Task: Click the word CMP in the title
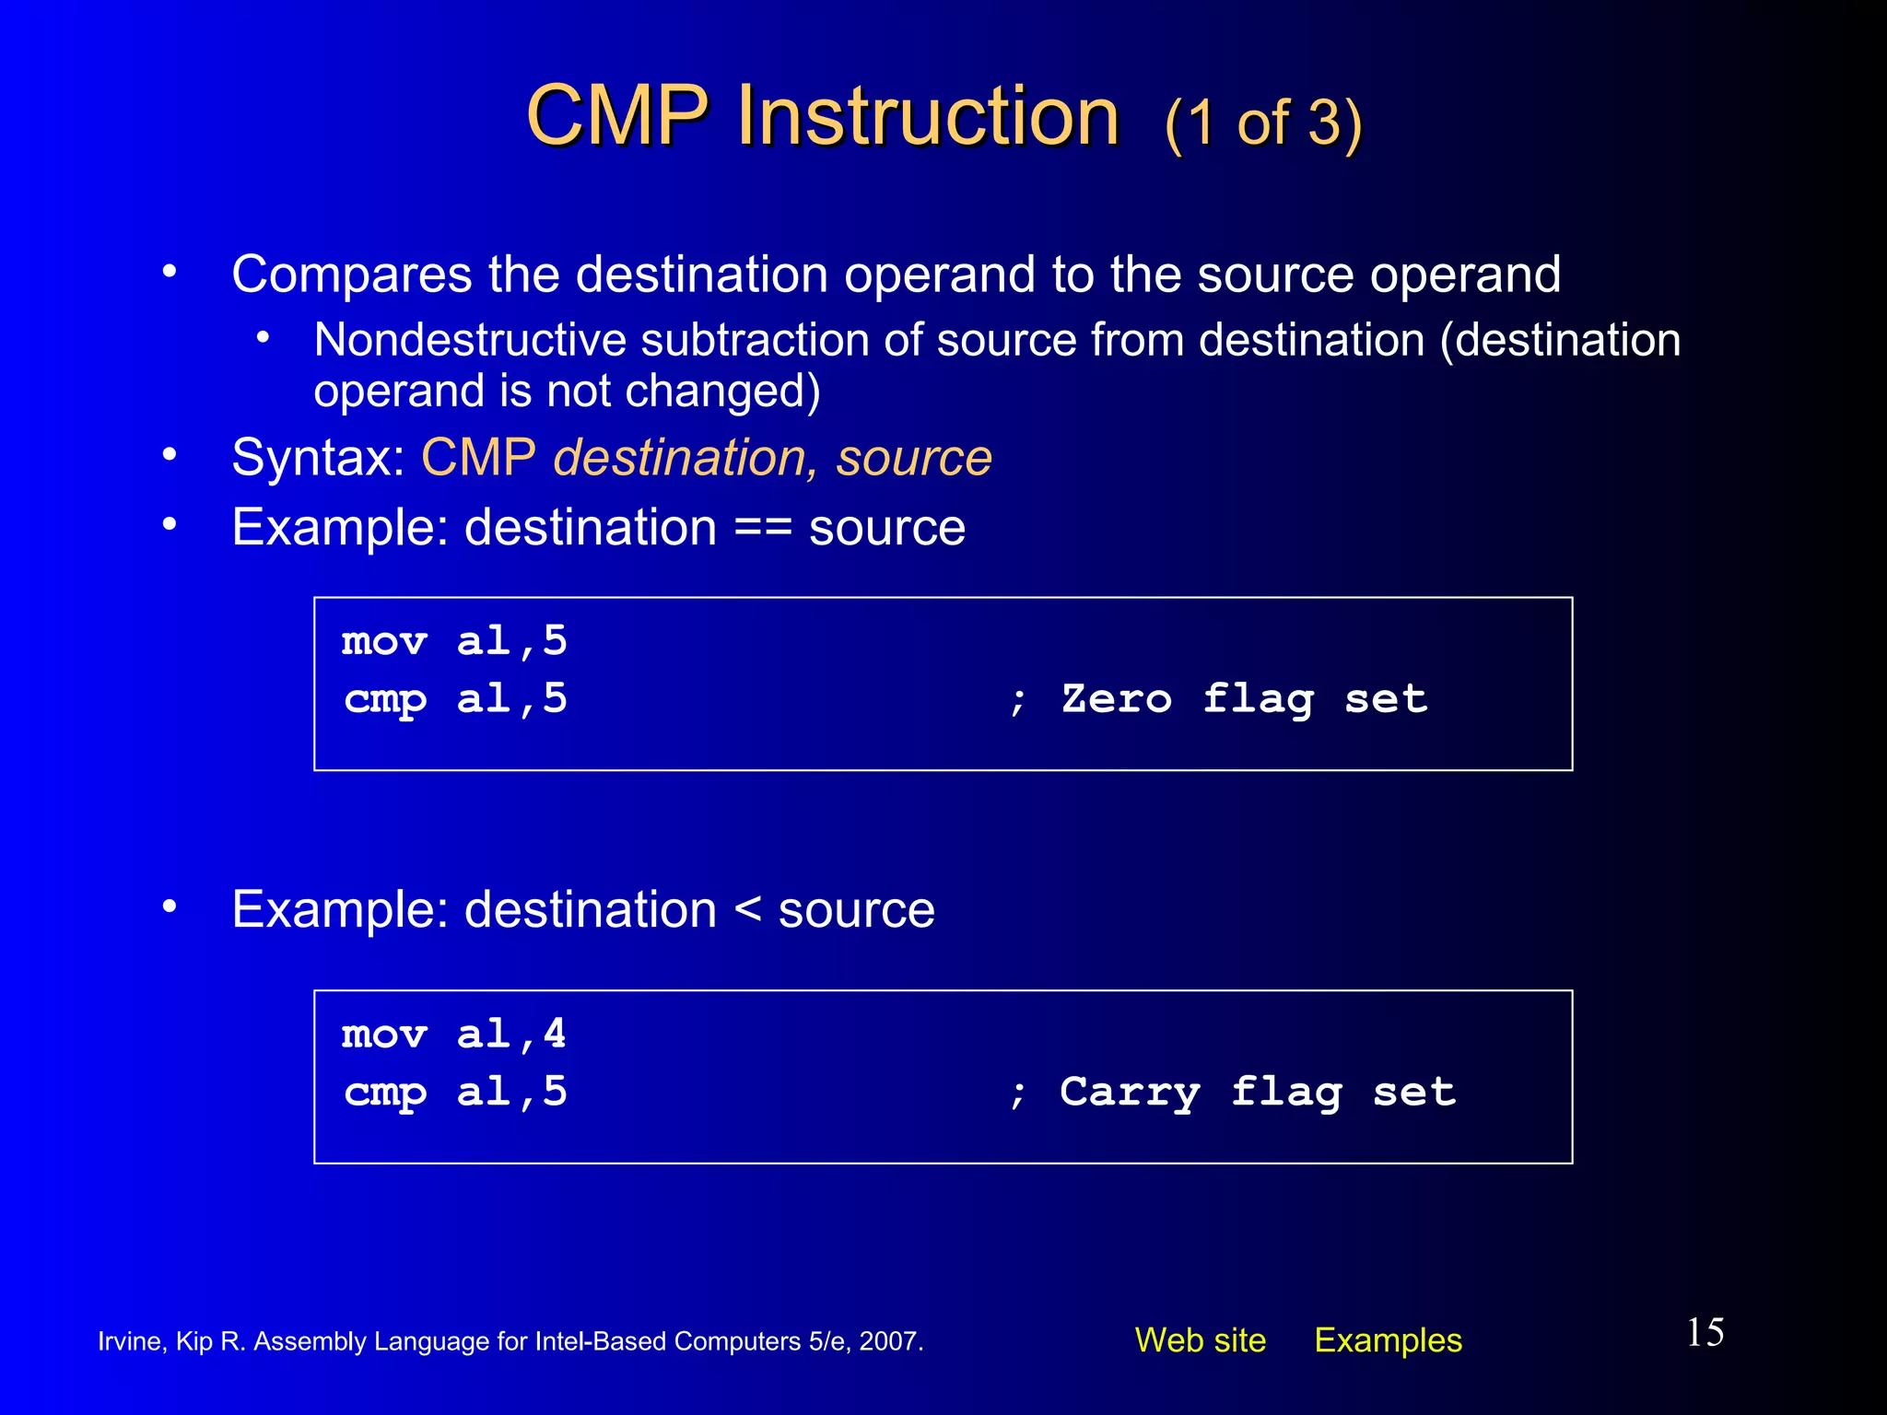pyautogui.click(x=616, y=116)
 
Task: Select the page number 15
pyautogui.click(x=1705, y=1332)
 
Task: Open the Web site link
pyautogui.click(x=1200, y=1339)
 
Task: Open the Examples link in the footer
pyautogui.click(x=1388, y=1339)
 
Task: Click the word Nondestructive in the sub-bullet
pyautogui.click(x=469, y=340)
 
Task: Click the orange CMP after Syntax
pyautogui.click(x=478, y=458)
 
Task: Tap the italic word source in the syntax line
pyautogui.click(x=913, y=458)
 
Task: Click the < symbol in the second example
pyautogui.click(x=747, y=910)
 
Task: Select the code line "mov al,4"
pyautogui.click(x=453, y=1034)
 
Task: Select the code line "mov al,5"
pyautogui.click(x=453, y=641)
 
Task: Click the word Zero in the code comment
pyautogui.click(x=1116, y=698)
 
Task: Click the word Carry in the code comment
pyautogui.click(x=1130, y=1092)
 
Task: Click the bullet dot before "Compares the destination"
pyautogui.click(x=169, y=272)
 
